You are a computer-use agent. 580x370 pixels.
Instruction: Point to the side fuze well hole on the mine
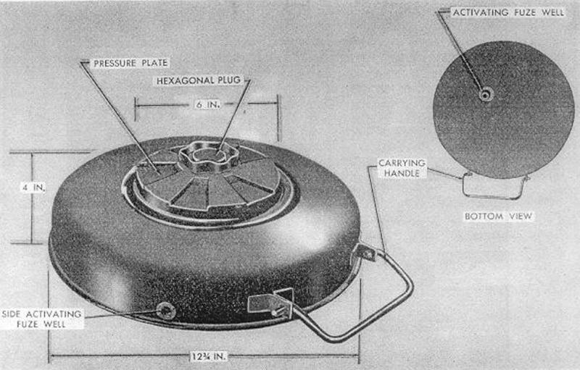click(x=166, y=310)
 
